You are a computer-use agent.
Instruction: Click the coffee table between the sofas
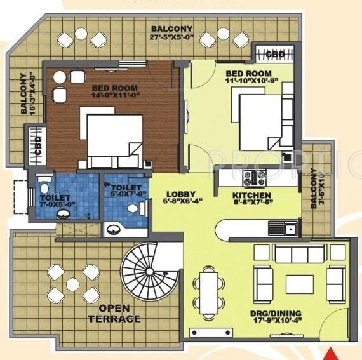299,283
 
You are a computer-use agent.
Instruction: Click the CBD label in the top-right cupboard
274,54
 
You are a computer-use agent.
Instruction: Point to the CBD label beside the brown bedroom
37,140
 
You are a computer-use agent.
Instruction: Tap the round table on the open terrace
72,284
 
